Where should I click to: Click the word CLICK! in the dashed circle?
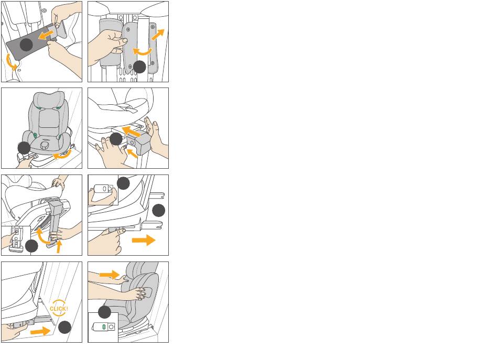(x=59, y=309)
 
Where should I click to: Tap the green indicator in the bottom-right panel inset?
(x=104, y=326)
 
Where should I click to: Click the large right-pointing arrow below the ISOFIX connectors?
(x=144, y=240)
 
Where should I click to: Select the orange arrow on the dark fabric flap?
(x=46, y=35)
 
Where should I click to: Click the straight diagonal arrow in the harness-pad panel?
(x=158, y=34)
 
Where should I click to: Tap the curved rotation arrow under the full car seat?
(x=62, y=155)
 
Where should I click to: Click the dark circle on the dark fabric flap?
(x=26, y=45)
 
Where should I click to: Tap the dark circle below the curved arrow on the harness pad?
(x=139, y=67)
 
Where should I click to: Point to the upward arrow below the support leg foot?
(x=58, y=246)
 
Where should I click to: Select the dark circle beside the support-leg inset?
(x=31, y=246)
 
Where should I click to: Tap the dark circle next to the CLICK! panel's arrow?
(x=65, y=328)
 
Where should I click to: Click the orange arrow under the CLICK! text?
(x=40, y=331)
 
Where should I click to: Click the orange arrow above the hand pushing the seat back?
(x=110, y=274)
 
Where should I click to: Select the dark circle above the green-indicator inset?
(x=104, y=312)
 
